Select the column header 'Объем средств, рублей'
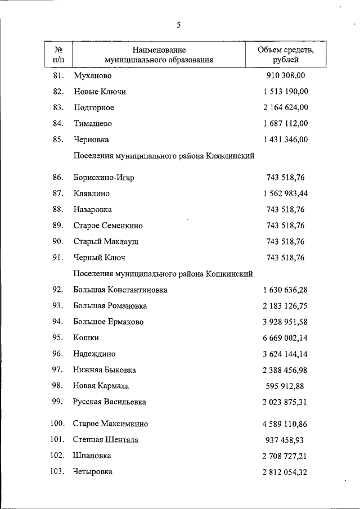coord(285,55)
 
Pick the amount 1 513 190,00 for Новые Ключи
coord(285,91)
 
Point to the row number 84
coord(57,123)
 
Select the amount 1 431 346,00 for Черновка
coord(285,139)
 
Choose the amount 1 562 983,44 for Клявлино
coord(285,193)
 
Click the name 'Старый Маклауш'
coord(106,241)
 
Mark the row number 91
coord(57,258)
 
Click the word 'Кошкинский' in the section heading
coord(229,274)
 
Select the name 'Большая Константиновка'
coord(120,290)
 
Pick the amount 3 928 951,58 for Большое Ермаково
coord(285,322)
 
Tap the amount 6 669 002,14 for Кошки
coord(285,338)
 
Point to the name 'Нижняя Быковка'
coord(104,370)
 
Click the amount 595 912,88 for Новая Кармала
coord(287,386)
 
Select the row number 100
coord(57,424)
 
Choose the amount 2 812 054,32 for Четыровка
coord(285,472)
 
